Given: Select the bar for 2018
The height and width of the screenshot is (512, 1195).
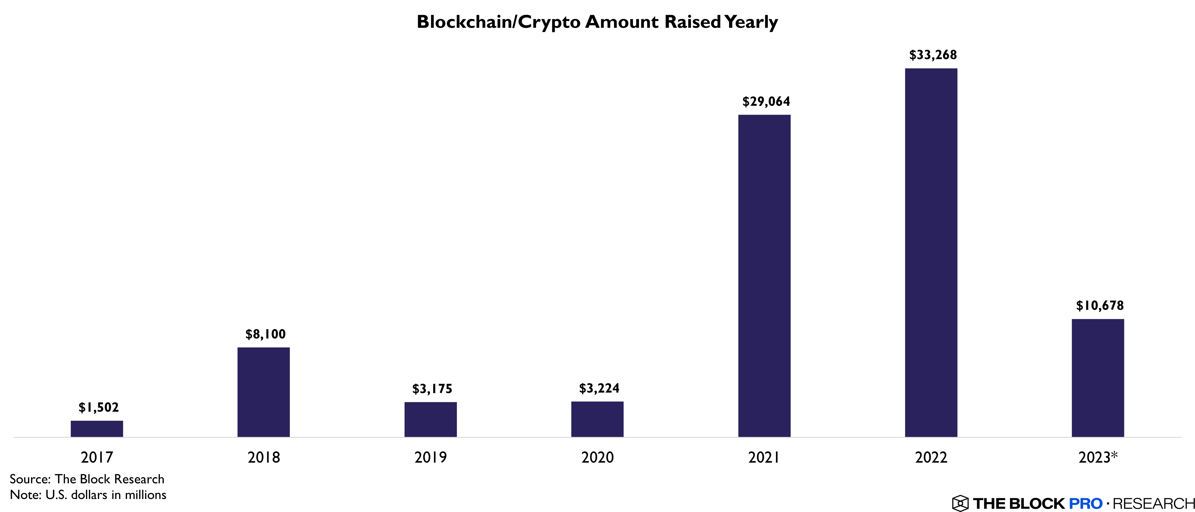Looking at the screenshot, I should [x=263, y=392].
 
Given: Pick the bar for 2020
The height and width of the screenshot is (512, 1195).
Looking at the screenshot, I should [x=597, y=419].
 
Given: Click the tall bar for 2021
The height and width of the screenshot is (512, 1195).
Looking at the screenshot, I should [x=764, y=276].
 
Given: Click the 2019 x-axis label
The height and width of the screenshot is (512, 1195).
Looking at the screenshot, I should [x=430, y=457].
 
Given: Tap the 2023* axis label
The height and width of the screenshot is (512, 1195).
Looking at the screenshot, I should [x=1097, y=457].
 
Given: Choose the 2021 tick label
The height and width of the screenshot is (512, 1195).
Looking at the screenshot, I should [x=764, y=457].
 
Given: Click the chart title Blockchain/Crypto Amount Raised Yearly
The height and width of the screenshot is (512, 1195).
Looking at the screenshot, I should [x=597, y=22].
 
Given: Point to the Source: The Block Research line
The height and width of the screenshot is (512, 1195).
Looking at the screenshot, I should [x=87, y=479].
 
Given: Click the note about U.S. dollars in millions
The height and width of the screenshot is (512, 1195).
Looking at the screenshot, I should [x=88, y=495].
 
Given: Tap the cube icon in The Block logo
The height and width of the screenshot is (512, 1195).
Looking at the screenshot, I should [x=960, y=503].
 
